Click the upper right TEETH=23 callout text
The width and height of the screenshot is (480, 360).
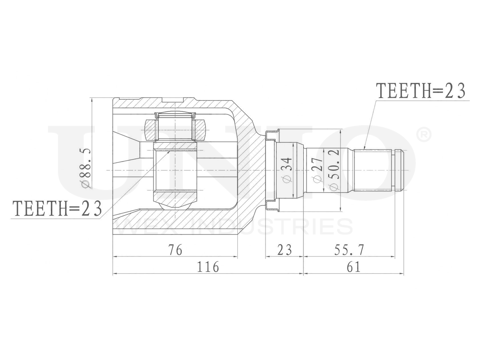(420, 91)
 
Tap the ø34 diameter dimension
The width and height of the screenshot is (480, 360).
(287, 170)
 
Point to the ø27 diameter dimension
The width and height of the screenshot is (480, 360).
(318, 170)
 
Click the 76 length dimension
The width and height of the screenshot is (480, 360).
(175, 250)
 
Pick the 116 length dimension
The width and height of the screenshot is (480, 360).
(208, 267)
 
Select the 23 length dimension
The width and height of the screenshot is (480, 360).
(285, 250)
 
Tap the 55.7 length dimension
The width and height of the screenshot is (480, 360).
(349, 250)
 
